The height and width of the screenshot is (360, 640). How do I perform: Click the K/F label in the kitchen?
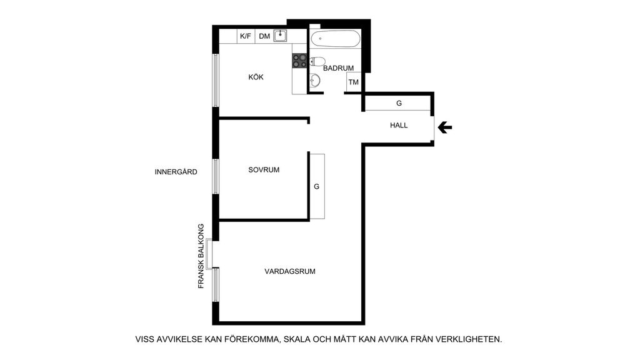(245, 36)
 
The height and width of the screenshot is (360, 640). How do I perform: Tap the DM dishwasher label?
(264, 36)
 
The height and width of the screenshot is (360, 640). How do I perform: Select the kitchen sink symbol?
(280, 36)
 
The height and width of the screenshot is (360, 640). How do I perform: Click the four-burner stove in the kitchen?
(299, 61)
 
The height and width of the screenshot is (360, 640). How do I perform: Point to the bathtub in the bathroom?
(336, 39)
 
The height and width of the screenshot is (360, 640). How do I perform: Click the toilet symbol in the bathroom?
(317, 62)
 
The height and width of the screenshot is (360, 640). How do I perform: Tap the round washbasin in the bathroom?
(315, 81)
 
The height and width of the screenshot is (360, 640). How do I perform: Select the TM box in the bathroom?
(354, 82)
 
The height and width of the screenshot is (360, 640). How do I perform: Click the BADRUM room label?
(338, 68)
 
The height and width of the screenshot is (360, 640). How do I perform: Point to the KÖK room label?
(256, 77)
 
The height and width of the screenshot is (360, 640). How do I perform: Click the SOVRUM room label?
(264, 170)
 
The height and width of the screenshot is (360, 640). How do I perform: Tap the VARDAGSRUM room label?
(290, 271)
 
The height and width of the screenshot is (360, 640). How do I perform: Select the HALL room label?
(399, 125)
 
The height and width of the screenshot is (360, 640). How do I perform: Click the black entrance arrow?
(444, 127)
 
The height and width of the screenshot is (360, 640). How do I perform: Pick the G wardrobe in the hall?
(398, 103)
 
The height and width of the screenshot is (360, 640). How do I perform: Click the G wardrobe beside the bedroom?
(317, 186)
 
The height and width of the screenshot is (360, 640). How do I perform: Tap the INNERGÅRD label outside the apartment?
(176, 172)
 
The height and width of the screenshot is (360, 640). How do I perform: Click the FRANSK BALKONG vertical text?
(201, 256)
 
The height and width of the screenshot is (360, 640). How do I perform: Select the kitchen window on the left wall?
(216, 81)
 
